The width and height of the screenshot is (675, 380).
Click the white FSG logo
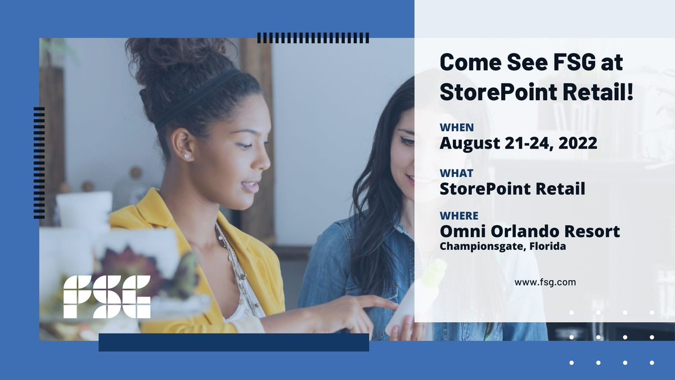coord(106,297)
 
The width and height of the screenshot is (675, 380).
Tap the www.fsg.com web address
coord(545,283)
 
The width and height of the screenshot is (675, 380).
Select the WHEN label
coord(457,128)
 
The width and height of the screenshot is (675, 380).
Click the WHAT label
coord(456,173)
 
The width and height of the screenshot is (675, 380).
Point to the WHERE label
coord(459,216)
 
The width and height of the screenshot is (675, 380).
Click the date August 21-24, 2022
coord(518,143)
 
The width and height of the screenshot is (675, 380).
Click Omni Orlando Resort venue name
coord(529,231)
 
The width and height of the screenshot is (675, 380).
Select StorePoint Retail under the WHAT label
coord(512,189)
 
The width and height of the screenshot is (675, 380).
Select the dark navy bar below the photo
coord(233,342)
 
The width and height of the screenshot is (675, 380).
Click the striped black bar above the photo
coord(313,38)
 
